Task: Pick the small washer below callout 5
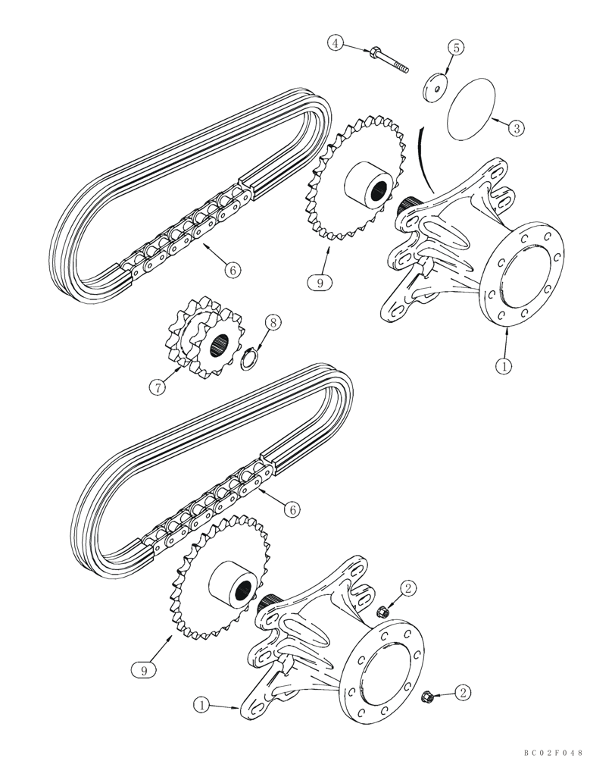435,86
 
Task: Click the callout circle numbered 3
515,127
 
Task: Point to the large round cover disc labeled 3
470,109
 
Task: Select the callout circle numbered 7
157,387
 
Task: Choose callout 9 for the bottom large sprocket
138,669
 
